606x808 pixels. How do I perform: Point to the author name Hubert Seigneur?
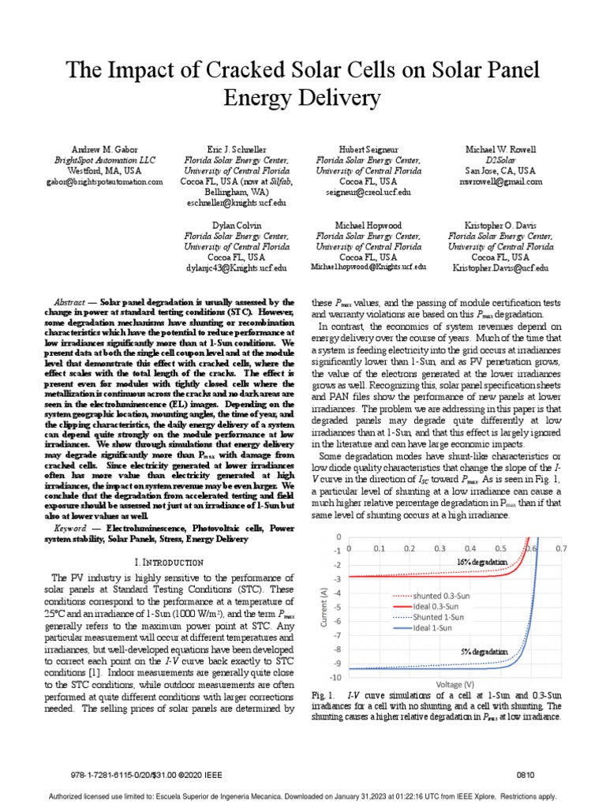click(x=368, y=148)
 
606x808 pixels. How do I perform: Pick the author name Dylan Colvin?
click(x=236, y=224)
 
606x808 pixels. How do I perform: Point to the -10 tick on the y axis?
click(x=336, y=677)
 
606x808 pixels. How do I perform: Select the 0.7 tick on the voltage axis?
click(x=561, y=547)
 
